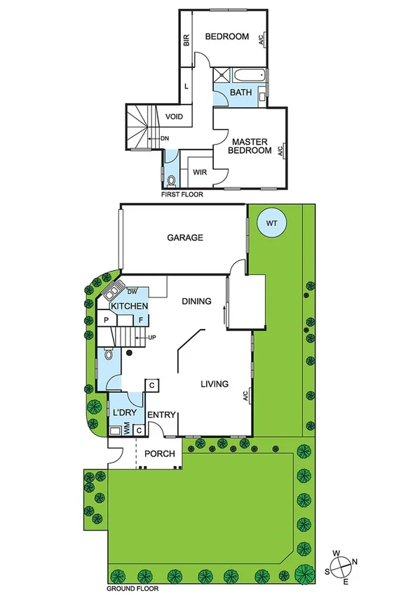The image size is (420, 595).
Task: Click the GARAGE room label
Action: [185, 238]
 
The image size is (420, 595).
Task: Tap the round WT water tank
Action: [272, 223]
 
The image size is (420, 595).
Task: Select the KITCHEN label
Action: [130, 307]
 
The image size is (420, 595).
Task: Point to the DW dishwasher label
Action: [131, 292]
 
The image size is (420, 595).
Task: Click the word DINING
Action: [196, 302]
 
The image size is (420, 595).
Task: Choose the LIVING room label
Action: [215, 384]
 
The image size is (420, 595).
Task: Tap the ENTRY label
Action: [161, 415]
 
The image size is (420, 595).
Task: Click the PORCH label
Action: [159, 454]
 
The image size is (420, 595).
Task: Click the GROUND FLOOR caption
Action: [130, 589]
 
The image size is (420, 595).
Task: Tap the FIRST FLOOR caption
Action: [182, 194]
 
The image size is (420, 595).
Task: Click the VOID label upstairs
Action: [175, 116]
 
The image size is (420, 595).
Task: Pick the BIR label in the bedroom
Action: [187, 41]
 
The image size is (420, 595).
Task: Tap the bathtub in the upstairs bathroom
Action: [250, 74]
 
